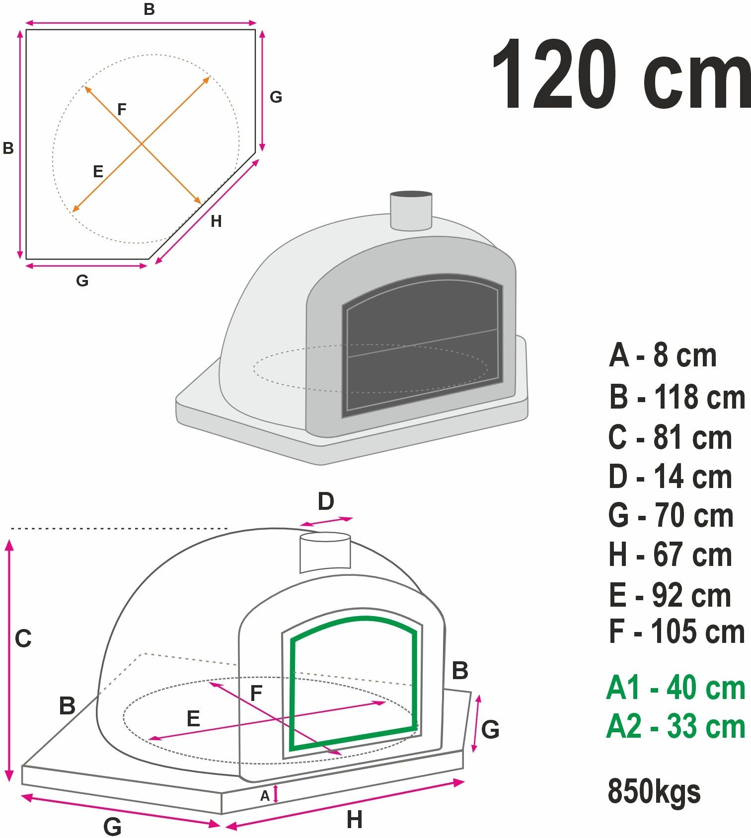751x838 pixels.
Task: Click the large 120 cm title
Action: tap(621, 74)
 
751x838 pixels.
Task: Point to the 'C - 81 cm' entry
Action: tap(670, 437)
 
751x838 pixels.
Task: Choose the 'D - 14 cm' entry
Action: tap(670, 477)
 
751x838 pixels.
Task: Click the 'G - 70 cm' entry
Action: tap(671, 516)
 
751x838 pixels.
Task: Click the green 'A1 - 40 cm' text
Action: tap(676, 688)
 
